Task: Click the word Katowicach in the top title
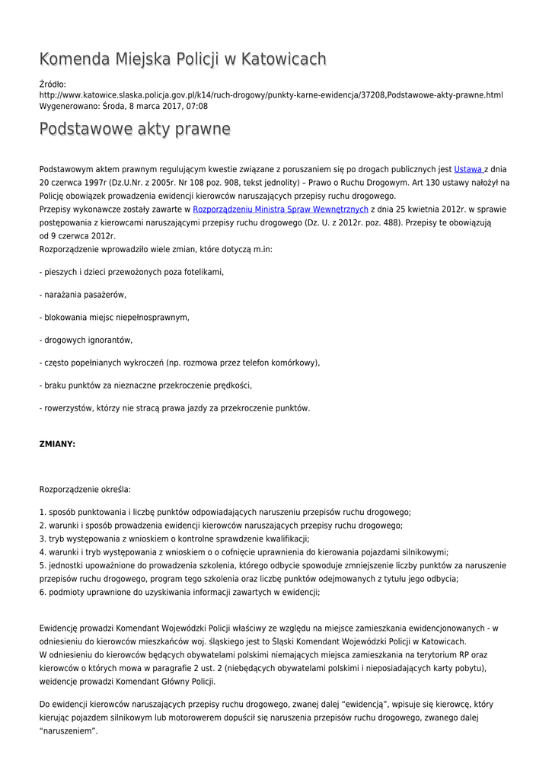coord(283,59)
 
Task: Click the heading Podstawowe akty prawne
coord(135,129)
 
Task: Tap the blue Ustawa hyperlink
coord(467,169)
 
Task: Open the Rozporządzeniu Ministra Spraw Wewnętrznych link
coord(280,209)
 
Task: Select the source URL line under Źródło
coord(270,95)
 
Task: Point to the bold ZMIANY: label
coord(57,444)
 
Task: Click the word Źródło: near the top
coord(53,84)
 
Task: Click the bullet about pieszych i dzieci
coord(132,272)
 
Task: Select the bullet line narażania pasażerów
coord(82,295)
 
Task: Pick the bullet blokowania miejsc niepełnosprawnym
coord(114,318)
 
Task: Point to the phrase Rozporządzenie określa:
coord(85,489)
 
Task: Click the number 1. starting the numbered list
coord(43,513)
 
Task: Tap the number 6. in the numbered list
coord(43,592)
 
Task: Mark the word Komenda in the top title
coord(74,59)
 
